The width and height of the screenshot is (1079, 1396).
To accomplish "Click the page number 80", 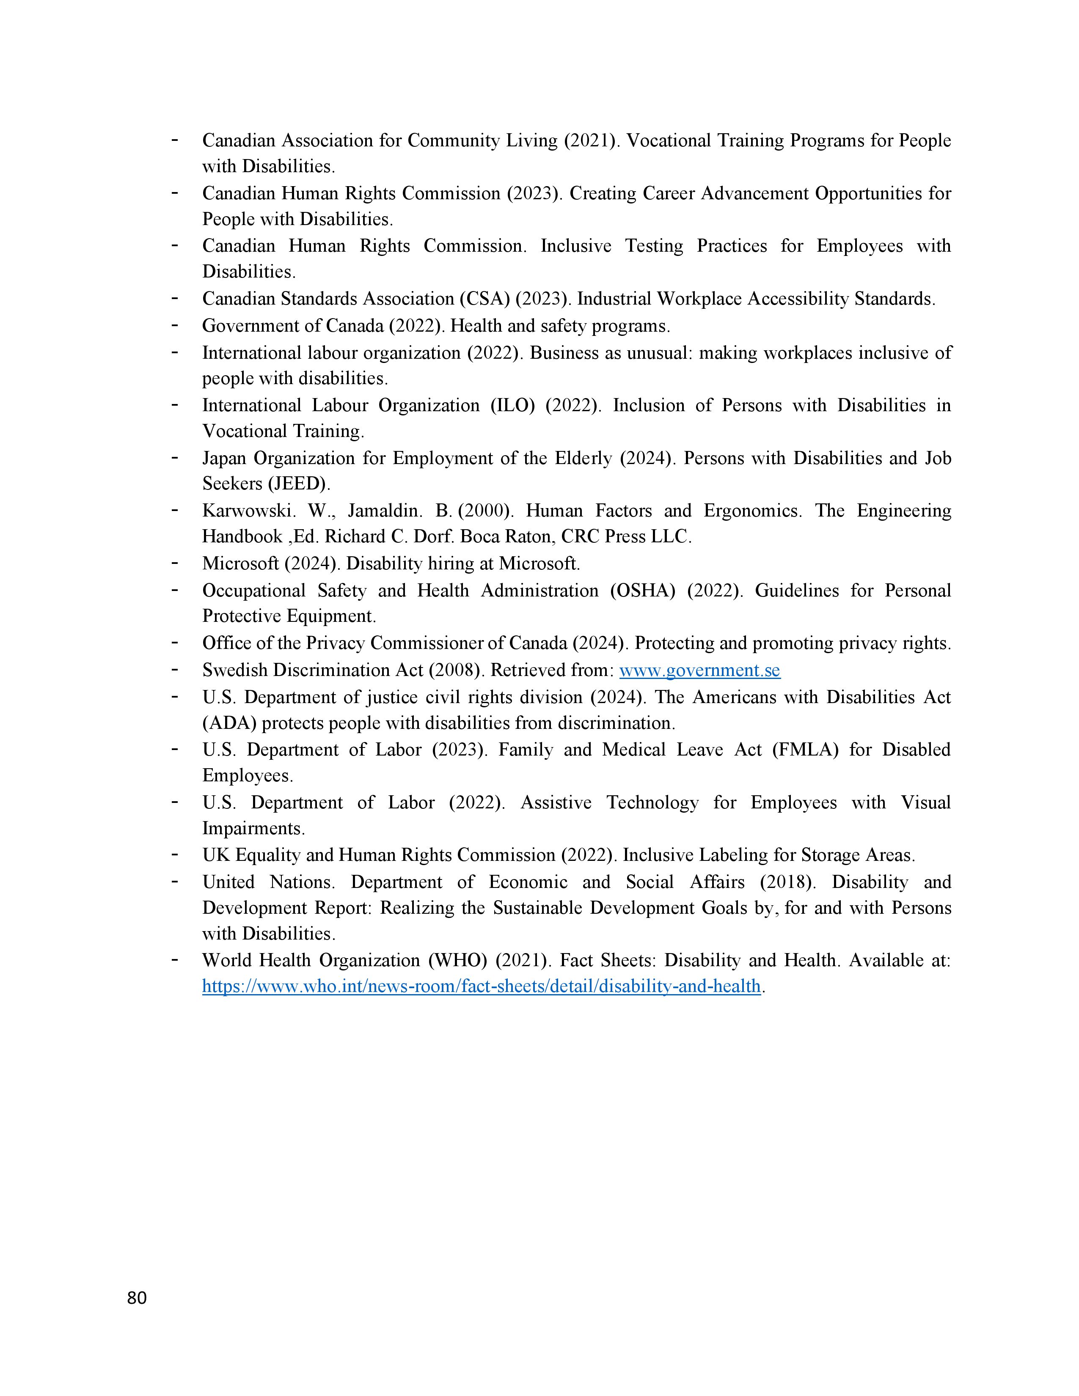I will tap(137, 1297).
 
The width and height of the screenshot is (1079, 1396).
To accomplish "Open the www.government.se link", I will tap(699, 670).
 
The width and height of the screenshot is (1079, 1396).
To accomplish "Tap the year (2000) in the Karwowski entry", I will tap(485, 511).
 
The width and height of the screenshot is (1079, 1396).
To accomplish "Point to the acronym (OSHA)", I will tap(642, 591).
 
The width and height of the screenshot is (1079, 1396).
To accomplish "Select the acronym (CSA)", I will tap(484, 299).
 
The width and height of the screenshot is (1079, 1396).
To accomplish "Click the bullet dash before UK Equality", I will tap(174, 855).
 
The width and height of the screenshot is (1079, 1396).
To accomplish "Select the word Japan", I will tap(224, 458).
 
